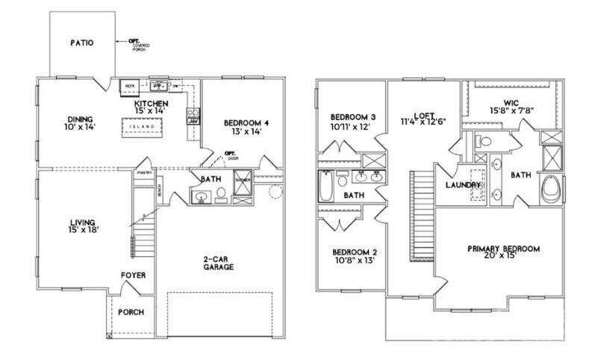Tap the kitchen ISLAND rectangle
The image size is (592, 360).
click(x=142, y=127)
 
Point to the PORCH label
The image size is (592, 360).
click(x=131, y=311)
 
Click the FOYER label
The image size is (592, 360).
click(x=133, y=276)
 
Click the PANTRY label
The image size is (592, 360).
click(x=144, y=173)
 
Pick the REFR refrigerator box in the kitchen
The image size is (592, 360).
click(x=129, y=86)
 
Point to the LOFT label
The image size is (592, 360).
click(x=423, y=116)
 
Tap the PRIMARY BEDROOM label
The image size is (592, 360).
click(x=503, y=249)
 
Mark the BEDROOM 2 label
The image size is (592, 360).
click(x=353, y=252)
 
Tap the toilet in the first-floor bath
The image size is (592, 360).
click(x=221, y=196)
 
